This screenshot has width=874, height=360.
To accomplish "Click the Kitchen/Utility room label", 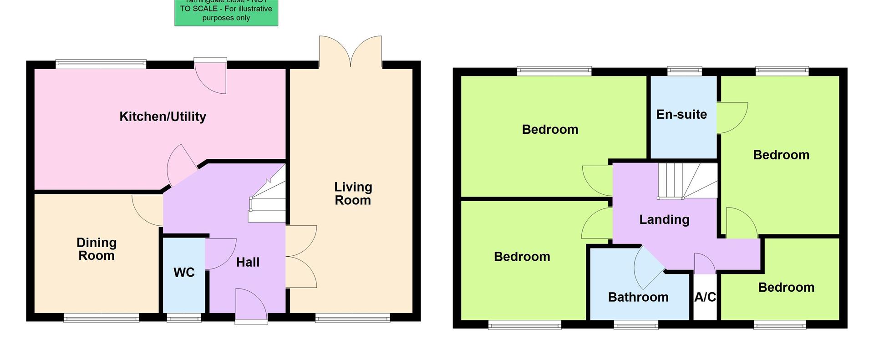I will tap(163, 117).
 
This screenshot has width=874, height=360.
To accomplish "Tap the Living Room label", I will tap(353, 193).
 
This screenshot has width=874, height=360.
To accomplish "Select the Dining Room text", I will tap(97, 249).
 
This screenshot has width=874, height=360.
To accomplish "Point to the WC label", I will tap(184, 272).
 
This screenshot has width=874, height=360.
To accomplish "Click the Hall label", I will tap(248, 262).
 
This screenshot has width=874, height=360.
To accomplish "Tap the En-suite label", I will tap(681, 114).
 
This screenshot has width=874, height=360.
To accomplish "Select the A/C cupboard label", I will tap(705, 297).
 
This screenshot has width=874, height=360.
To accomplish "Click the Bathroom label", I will tap(638, 297).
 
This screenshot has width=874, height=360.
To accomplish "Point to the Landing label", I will tap(664, 219).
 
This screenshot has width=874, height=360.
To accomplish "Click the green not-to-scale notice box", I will tap(226, 13).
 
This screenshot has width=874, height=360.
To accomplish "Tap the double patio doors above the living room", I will tap(351, 51).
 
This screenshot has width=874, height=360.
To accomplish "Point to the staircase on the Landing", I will tap(687, 181).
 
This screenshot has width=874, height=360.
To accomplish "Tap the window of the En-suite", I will tap(684, 71).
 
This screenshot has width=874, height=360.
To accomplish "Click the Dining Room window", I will tap(101, 318).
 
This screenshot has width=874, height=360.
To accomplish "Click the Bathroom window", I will tap(635, 325).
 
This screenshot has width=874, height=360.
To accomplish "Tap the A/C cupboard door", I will tap(704, 264).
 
